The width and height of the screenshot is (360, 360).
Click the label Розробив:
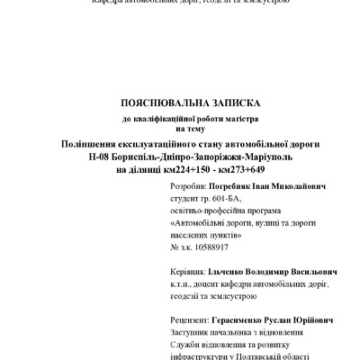tap(187, 185)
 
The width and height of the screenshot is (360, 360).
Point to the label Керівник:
tap(188, 270)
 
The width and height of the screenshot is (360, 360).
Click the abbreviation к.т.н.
tap(181, 283)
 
